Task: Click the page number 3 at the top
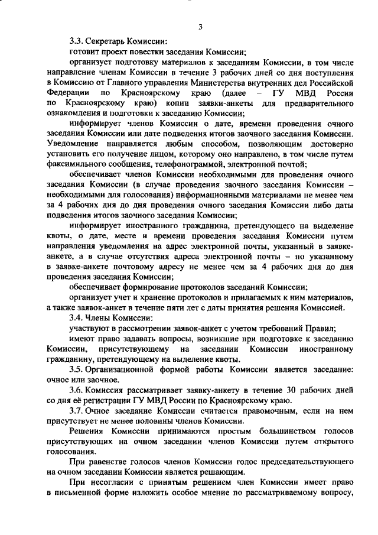pos(200,27)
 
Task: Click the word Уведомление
pos(74,144)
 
